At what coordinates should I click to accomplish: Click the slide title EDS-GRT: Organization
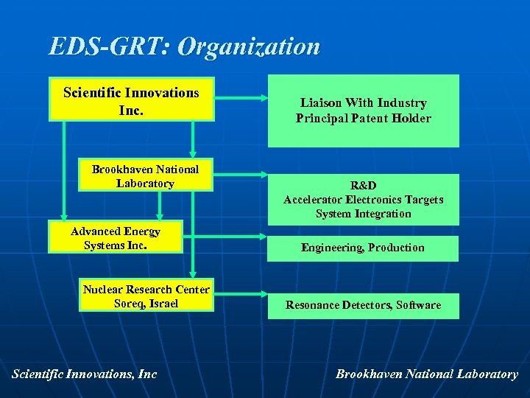[x=185, y=46]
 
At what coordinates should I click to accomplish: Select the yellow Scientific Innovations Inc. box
[x=131, y=99]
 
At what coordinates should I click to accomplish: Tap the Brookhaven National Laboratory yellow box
[x=145, y=175]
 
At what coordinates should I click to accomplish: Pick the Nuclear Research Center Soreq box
[x=146, y=296]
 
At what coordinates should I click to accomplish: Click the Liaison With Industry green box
[x=363, y=111]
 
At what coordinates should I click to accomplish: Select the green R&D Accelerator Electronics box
[x=363, y=200]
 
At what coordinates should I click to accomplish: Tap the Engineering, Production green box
[x=363, y=248]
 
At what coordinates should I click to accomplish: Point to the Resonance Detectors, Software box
[x=363, y=305]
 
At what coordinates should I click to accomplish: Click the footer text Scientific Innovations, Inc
[x=85, y=374]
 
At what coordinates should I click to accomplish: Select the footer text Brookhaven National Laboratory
[x=427, y=374]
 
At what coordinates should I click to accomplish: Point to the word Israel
[x=163, y=304]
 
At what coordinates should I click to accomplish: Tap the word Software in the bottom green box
[x=419, y=305]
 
